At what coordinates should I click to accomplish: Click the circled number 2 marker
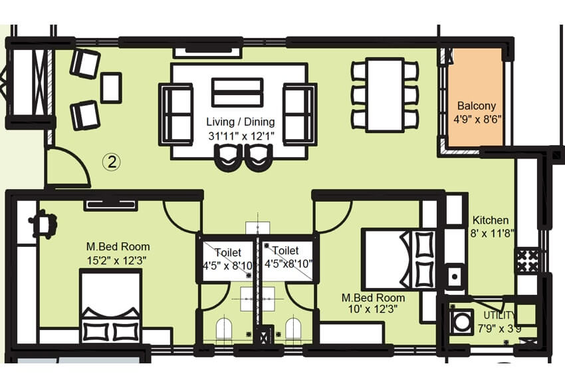coord(112,160)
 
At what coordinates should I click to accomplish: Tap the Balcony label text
coord(476,106)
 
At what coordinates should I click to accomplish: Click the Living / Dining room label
coord(240,122)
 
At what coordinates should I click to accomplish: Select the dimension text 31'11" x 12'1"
coord(240,137)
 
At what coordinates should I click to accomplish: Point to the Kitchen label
coord(491,220)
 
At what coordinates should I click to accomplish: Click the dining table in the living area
coord(386,95)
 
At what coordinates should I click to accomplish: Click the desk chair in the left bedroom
coord(43,223)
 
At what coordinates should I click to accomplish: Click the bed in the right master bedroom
coord(397,259)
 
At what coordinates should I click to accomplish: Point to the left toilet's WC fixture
coord(223,329)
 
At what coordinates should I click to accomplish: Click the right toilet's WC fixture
coord(292,329)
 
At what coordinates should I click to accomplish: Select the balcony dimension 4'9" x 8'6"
coord(476,120)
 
